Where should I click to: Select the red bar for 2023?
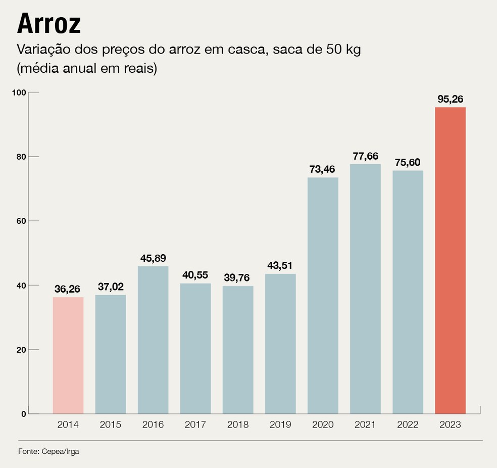point(450,260)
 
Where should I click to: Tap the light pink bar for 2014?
point(68,355)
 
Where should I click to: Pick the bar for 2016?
point(153,340)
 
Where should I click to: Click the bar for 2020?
point(323,296)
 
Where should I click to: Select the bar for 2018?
point(238,350)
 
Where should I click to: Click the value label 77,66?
point(365,156)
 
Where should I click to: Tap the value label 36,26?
point(68,290)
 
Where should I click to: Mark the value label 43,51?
point(280,266)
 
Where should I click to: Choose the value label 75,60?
point(408,163)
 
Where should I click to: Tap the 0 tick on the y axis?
point(23,414)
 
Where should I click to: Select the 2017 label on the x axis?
point(195,425)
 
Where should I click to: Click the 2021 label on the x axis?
point(365,425)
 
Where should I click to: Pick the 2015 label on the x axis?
point(111,425)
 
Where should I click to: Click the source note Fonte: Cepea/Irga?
point(48,452)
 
